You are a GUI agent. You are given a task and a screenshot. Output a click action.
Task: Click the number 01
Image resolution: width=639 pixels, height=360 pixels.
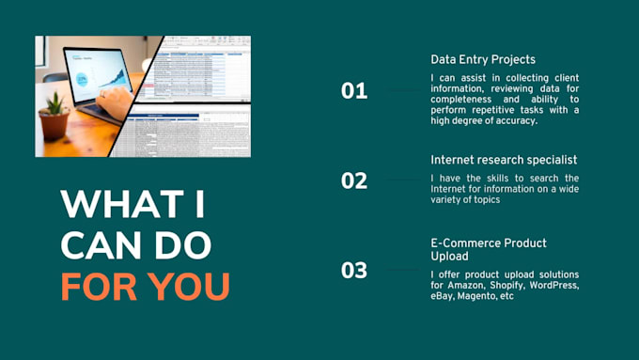pos(354,91)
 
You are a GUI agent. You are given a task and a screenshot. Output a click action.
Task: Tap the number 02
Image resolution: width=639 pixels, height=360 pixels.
pos(354,180)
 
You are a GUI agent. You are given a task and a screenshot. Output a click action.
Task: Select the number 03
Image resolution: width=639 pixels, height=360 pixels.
pos(354,271)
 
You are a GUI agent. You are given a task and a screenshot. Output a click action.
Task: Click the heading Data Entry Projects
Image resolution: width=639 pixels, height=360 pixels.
pos(483,59)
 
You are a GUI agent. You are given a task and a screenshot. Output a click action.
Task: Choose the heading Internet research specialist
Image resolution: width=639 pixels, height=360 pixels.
pos(504,160)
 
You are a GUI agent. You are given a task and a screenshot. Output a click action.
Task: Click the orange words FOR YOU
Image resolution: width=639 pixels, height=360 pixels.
pos(145,286)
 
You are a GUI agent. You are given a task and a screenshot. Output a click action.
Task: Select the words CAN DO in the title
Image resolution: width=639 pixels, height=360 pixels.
pos(135,244)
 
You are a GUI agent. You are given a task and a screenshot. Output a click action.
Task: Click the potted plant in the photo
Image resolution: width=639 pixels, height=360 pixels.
pos(55,118)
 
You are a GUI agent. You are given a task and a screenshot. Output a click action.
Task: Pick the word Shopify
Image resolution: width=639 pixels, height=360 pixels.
pos(507,285)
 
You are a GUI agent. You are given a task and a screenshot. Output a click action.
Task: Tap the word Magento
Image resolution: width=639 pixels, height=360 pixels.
pos(478,296)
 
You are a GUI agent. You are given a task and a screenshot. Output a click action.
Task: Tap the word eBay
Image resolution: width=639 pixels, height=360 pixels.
pos(443,296)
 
